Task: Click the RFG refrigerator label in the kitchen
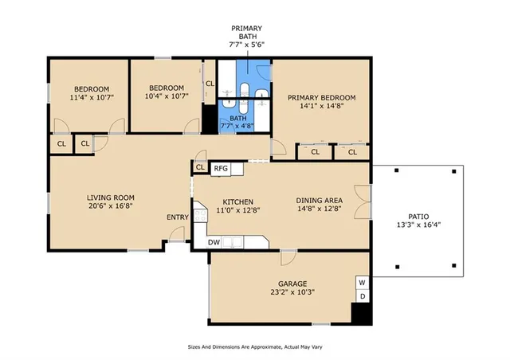pos(221,168)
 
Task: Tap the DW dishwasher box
pos(214,242)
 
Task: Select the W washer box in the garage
pos(362,282)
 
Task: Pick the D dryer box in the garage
pos(362,296)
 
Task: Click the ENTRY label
pos(177,217)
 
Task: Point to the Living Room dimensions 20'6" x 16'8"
pos(110,208)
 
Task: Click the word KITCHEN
pos(237,202)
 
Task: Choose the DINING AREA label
pos(320,202)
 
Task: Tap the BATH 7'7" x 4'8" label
pos(237,122)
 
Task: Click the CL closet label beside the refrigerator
pos(200,167)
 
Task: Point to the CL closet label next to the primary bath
pos(210,84)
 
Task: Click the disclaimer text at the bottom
pos(254,347)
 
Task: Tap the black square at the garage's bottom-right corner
pos(361,313)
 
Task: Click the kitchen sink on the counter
pos(230,241)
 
